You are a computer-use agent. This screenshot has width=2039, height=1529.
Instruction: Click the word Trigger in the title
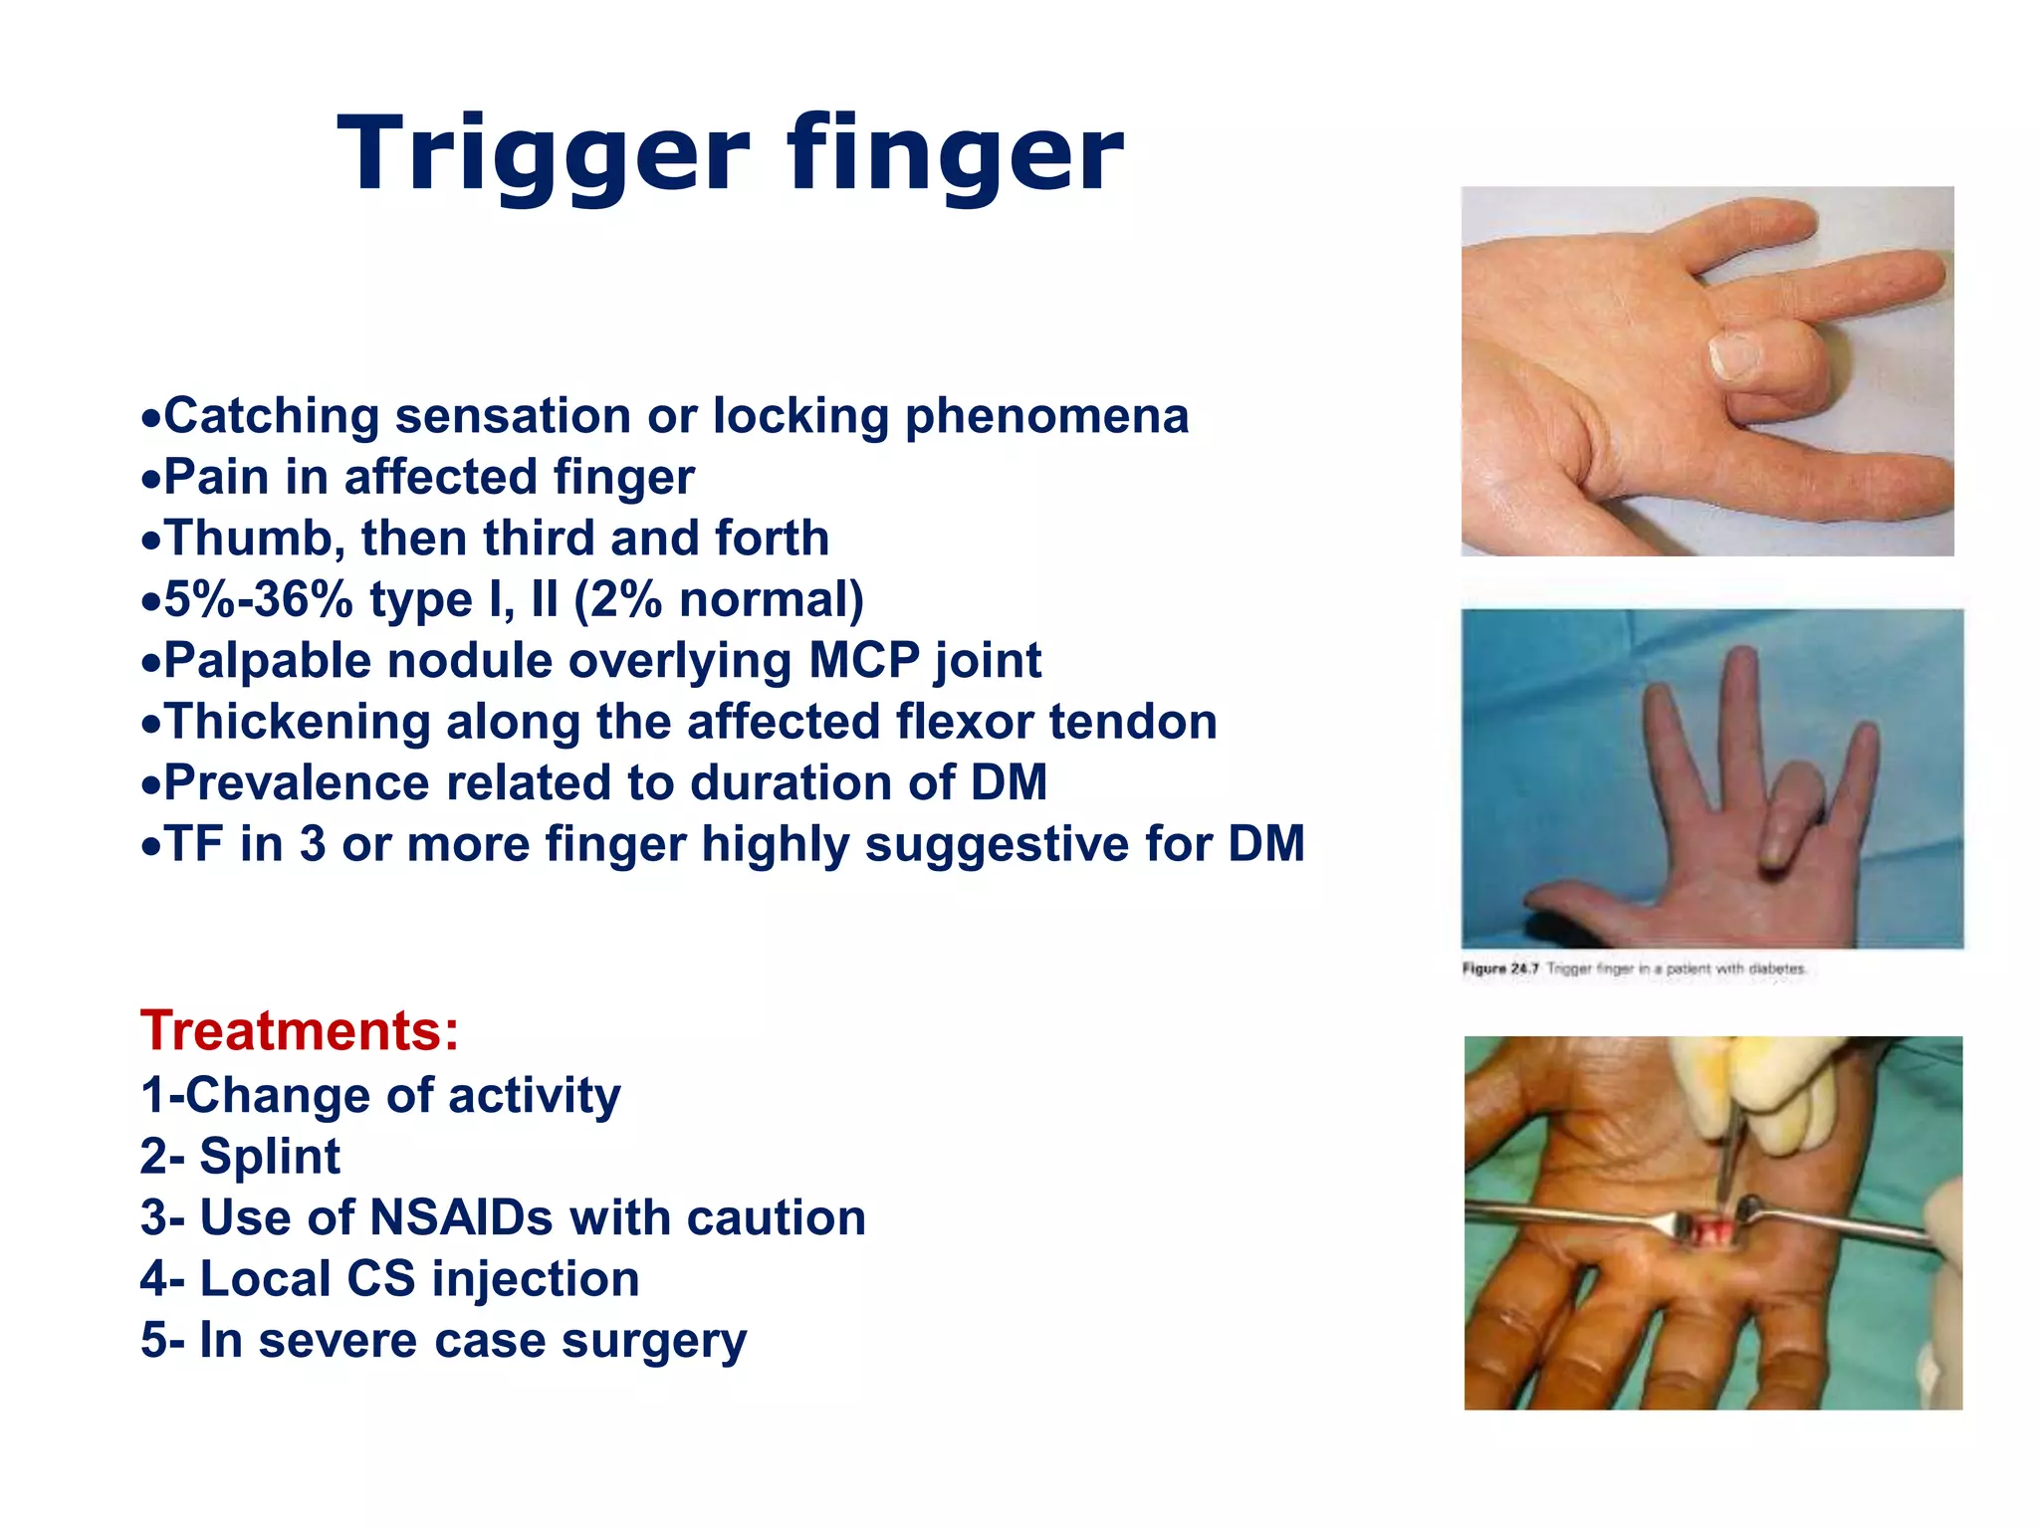pos(543,154)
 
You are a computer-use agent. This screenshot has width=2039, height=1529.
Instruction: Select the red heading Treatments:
pos(300,1030)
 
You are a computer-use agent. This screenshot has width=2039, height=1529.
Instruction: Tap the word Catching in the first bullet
pos(271,416)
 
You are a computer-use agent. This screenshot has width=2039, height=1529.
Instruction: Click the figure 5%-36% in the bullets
pos(258,600)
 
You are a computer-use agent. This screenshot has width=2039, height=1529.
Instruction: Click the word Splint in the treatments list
pos(270,1157)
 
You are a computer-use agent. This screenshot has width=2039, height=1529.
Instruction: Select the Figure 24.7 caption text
pos(1633,969)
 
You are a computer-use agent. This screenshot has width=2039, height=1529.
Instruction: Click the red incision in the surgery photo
pos(1712,1234)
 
